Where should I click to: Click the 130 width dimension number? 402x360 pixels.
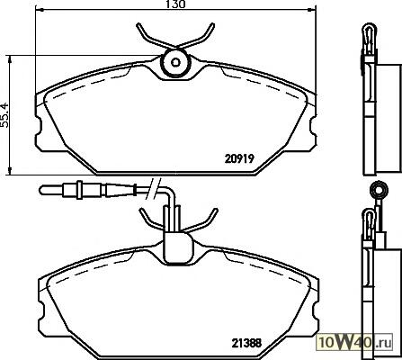(176, 4)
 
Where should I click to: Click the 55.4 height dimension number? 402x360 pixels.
(4, 115)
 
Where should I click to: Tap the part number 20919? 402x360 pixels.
(239, 158)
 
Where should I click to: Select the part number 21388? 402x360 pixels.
(246, 343)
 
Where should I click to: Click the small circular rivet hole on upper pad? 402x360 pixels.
(175, 62)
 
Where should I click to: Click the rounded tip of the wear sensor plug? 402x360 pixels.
(42, 190)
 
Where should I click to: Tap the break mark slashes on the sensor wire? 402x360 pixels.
(154, 188)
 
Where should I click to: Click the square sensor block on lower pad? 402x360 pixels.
(178, 247)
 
